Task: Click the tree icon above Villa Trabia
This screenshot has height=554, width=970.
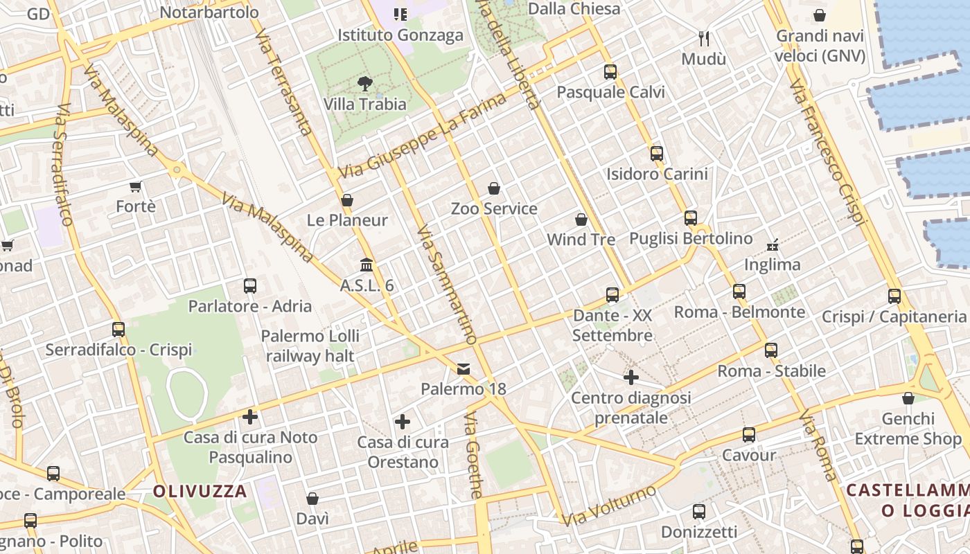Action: [364, 84]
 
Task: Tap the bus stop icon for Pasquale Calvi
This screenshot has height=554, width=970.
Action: [610, 71]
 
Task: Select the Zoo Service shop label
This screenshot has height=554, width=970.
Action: [494, 208]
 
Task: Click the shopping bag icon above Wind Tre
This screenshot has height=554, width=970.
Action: [581, 220]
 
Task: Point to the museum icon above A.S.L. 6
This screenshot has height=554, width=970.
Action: [367, 265]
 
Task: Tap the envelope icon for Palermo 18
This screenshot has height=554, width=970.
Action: [464, 369]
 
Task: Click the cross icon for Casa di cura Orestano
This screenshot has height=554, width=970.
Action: [403, 422]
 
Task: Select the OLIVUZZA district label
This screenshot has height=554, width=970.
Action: [200, 492]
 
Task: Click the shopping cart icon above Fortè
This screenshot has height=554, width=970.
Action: [136, 186]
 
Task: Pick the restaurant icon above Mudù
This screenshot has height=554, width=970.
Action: [704, 37]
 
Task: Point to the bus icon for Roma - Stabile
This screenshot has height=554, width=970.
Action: [771, 350]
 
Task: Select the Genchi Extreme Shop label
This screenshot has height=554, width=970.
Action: [908, 429]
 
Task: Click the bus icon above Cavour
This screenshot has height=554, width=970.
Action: [749, 435]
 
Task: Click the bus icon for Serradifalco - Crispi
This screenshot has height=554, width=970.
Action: [118, 330]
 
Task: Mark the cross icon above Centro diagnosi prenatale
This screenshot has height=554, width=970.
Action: [631, 377]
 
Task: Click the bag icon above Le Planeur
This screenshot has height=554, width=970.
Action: [347, 200]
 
